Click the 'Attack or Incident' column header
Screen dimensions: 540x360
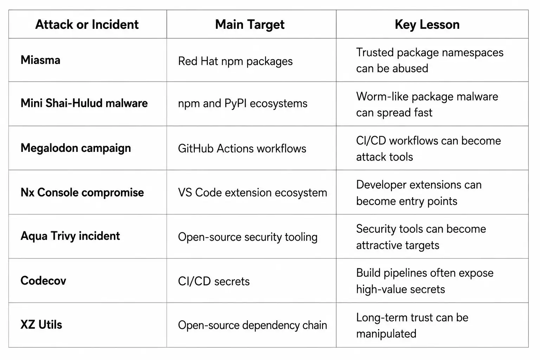tap(87, 25)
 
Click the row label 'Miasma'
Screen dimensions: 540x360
tap(40, 60)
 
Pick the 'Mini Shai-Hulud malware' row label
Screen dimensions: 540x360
tap(84, 103)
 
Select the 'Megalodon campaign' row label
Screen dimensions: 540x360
tap(76, 148)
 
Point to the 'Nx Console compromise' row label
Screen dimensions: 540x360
tap(82, 192)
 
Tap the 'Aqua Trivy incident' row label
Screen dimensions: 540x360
tap(70, 236)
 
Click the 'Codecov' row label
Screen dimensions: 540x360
tap(43, 281)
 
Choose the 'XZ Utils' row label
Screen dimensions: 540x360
tap(41, 324)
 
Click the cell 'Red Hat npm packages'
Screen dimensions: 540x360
tap(235, 62)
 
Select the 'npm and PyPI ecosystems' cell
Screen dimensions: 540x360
tap(243, 104)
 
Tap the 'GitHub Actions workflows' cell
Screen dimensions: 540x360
tap(242, 148)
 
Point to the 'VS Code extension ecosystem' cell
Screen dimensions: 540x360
tap(252, 193)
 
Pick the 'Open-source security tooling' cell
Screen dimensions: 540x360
tap(247, 237)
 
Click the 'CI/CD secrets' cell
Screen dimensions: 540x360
tap(214, 281)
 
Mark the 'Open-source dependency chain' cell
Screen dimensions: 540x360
tap(252, 325)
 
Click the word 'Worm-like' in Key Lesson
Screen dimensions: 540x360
tap(382, 96)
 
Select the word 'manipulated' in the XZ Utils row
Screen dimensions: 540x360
tap(386, 334)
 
